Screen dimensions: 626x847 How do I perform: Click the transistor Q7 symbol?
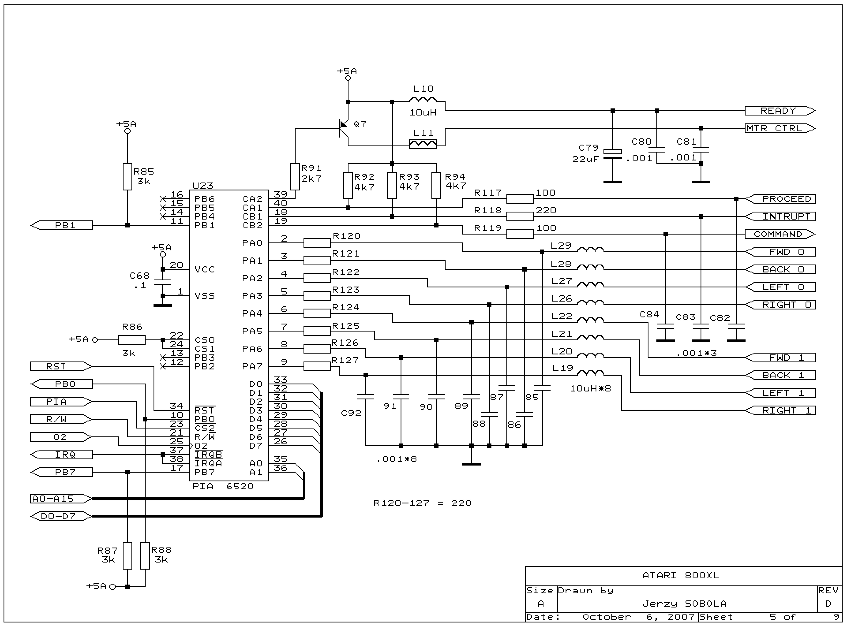[x=343, y=129]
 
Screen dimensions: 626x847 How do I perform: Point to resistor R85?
[x=127, y=177]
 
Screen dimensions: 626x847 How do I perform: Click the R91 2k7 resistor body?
[x=295, y=177]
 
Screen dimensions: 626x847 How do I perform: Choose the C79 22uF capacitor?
[x=613, y=153]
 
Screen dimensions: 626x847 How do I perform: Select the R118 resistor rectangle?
[x=520, y=216]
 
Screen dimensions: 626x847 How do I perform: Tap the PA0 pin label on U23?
[x=252, y=243]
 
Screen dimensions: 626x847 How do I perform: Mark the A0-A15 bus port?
[x=61, y=499]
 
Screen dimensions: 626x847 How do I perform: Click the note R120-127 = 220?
[x=422, y=503]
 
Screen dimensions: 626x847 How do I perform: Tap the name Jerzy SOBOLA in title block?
[x=684, y=603]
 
